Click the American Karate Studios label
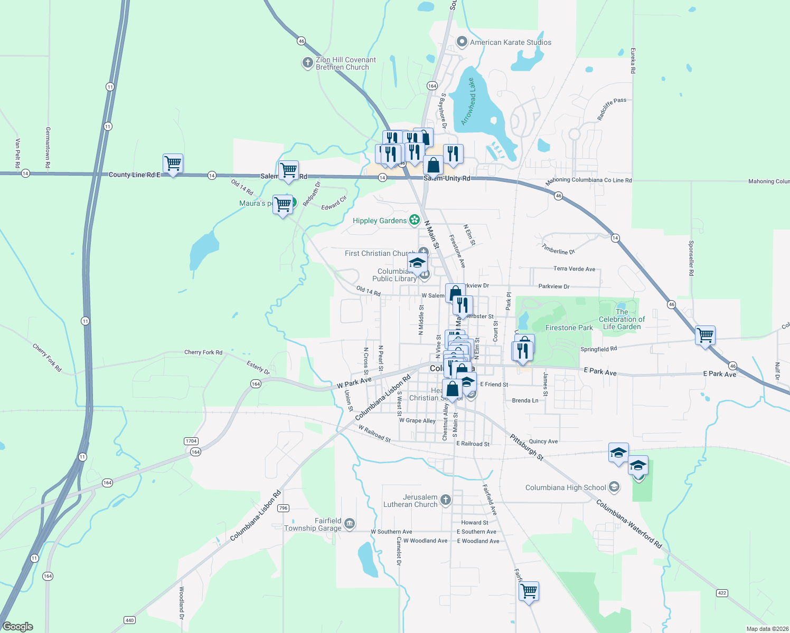coord(510,42)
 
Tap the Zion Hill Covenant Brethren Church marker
coord(307,63)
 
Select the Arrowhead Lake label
coord(468,102)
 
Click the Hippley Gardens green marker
coord(415,220)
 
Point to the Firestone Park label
coord(569,328)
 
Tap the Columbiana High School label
coord(565,487)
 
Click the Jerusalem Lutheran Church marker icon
coord(446,500)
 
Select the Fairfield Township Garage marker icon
coord(349,524)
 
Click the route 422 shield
coord(722,593)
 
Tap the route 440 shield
coord(129,620)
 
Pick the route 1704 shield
coord(191,441)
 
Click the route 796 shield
coord(284,508)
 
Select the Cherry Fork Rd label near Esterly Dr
coord(203,352)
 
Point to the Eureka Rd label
coord(633,61)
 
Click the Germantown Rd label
coord(48,148)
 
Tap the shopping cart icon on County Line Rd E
coord(173,163)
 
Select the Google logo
coord(18,627)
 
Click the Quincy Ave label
coord(543,442)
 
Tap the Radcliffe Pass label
coord(612,109)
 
